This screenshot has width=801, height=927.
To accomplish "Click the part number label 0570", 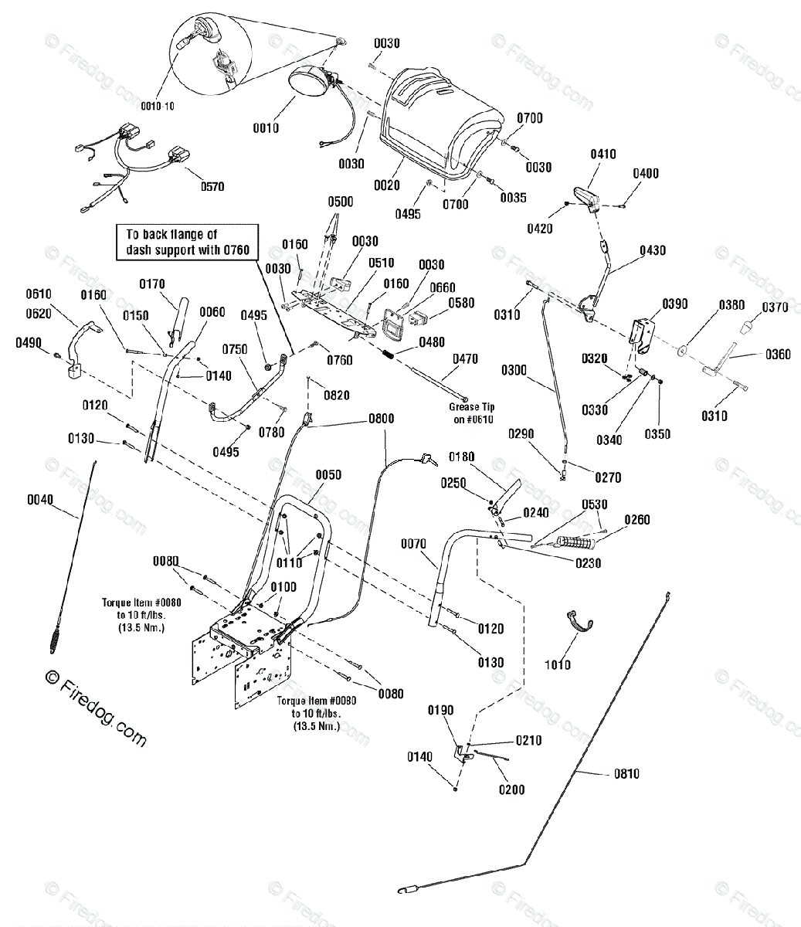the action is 212,187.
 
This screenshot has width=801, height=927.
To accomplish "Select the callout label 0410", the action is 603,154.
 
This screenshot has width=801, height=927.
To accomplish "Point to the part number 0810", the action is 626,773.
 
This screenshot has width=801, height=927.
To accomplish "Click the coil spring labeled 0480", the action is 389,355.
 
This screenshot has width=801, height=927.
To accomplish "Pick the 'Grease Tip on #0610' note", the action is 472,413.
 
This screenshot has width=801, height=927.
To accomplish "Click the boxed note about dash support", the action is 188,242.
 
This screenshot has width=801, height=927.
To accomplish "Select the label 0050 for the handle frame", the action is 329,475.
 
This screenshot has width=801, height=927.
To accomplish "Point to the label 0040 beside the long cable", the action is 40,500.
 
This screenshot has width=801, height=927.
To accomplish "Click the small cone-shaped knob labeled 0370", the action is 746,328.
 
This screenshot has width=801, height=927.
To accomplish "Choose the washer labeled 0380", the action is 684,350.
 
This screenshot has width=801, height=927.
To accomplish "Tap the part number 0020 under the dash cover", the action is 387,185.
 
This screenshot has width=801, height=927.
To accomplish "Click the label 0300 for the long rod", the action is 514,371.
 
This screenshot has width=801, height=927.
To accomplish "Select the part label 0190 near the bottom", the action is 440,711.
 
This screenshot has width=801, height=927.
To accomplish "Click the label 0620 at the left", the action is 39,314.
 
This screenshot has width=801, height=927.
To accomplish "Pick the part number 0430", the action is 653,251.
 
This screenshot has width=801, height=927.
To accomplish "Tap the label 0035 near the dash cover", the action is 514,198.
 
